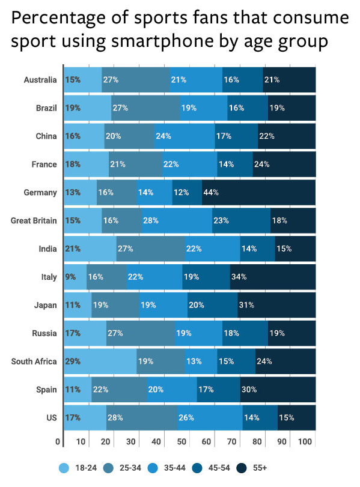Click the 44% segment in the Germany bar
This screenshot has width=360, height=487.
258,192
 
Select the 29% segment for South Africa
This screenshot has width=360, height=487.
100,361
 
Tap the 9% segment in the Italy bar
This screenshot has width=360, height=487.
75,277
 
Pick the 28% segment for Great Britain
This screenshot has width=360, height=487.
177,220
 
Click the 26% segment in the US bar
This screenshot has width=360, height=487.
210,417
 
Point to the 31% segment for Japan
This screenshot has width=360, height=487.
276,305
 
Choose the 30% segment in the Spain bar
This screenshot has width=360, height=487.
278,389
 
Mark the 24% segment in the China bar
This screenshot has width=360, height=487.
185,136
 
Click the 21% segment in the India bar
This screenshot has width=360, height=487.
90,249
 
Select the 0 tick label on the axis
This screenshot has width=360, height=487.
58,443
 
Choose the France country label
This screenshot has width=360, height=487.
45,164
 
